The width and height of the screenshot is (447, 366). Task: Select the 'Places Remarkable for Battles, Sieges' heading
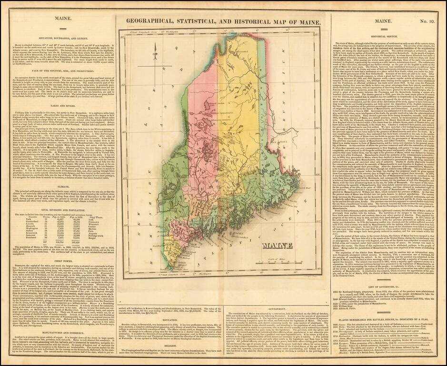[388, 315]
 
